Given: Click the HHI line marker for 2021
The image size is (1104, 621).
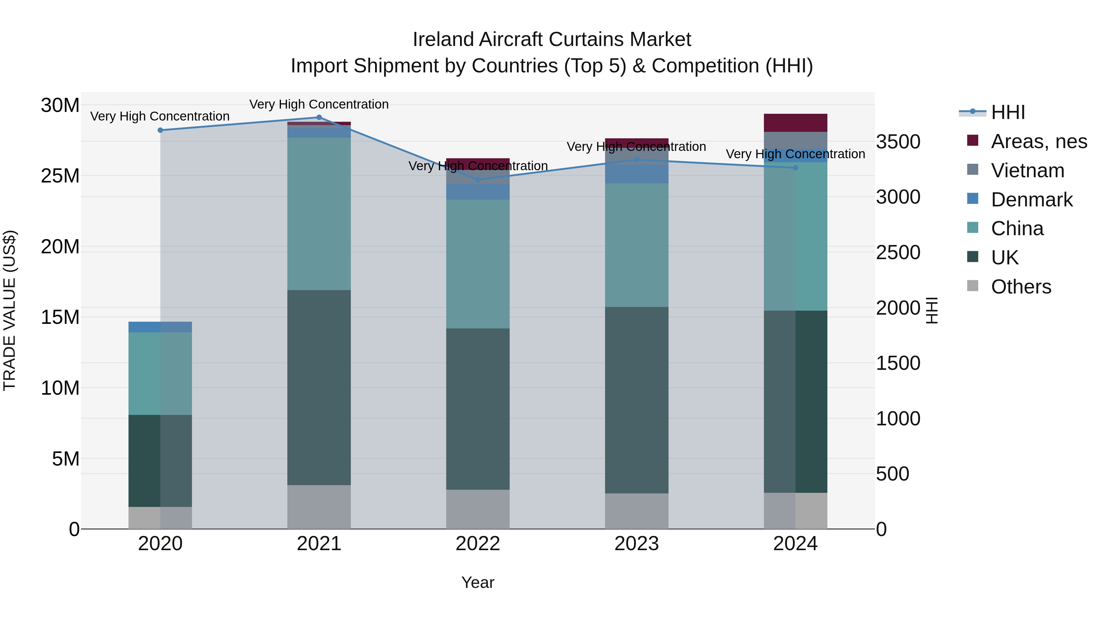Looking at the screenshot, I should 319,117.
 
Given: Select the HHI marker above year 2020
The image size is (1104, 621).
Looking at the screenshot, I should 160,130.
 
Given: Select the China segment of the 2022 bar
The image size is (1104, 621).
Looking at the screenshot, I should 478,264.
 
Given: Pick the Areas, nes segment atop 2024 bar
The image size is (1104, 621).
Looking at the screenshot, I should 795,123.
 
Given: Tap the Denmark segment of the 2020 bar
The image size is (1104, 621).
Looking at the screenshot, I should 160,327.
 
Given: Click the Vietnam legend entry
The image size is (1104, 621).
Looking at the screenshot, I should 1027,171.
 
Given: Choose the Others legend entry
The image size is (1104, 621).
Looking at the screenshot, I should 1021,287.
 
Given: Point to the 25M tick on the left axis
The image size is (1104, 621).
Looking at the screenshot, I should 60,176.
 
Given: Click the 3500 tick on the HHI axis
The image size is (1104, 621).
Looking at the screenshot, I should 898,142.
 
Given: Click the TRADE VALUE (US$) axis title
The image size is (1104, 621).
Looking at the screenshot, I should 10,310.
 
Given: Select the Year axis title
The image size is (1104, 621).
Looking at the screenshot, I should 478,582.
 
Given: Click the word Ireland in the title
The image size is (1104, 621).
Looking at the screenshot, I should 443,40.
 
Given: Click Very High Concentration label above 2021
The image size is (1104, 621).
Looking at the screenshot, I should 319,104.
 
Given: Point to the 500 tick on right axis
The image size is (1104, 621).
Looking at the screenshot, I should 892,474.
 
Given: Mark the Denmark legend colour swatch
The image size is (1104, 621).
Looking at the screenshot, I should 973,198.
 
